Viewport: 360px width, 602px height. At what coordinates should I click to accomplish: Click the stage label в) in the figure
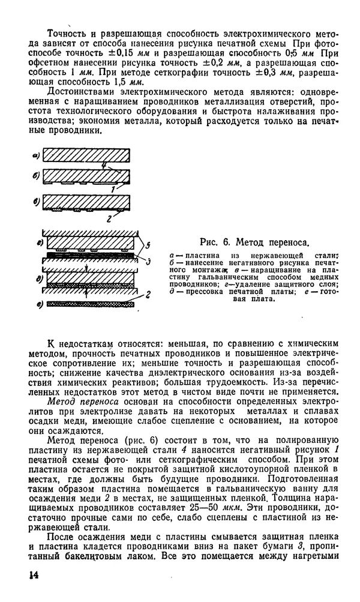tap(36, 202)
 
